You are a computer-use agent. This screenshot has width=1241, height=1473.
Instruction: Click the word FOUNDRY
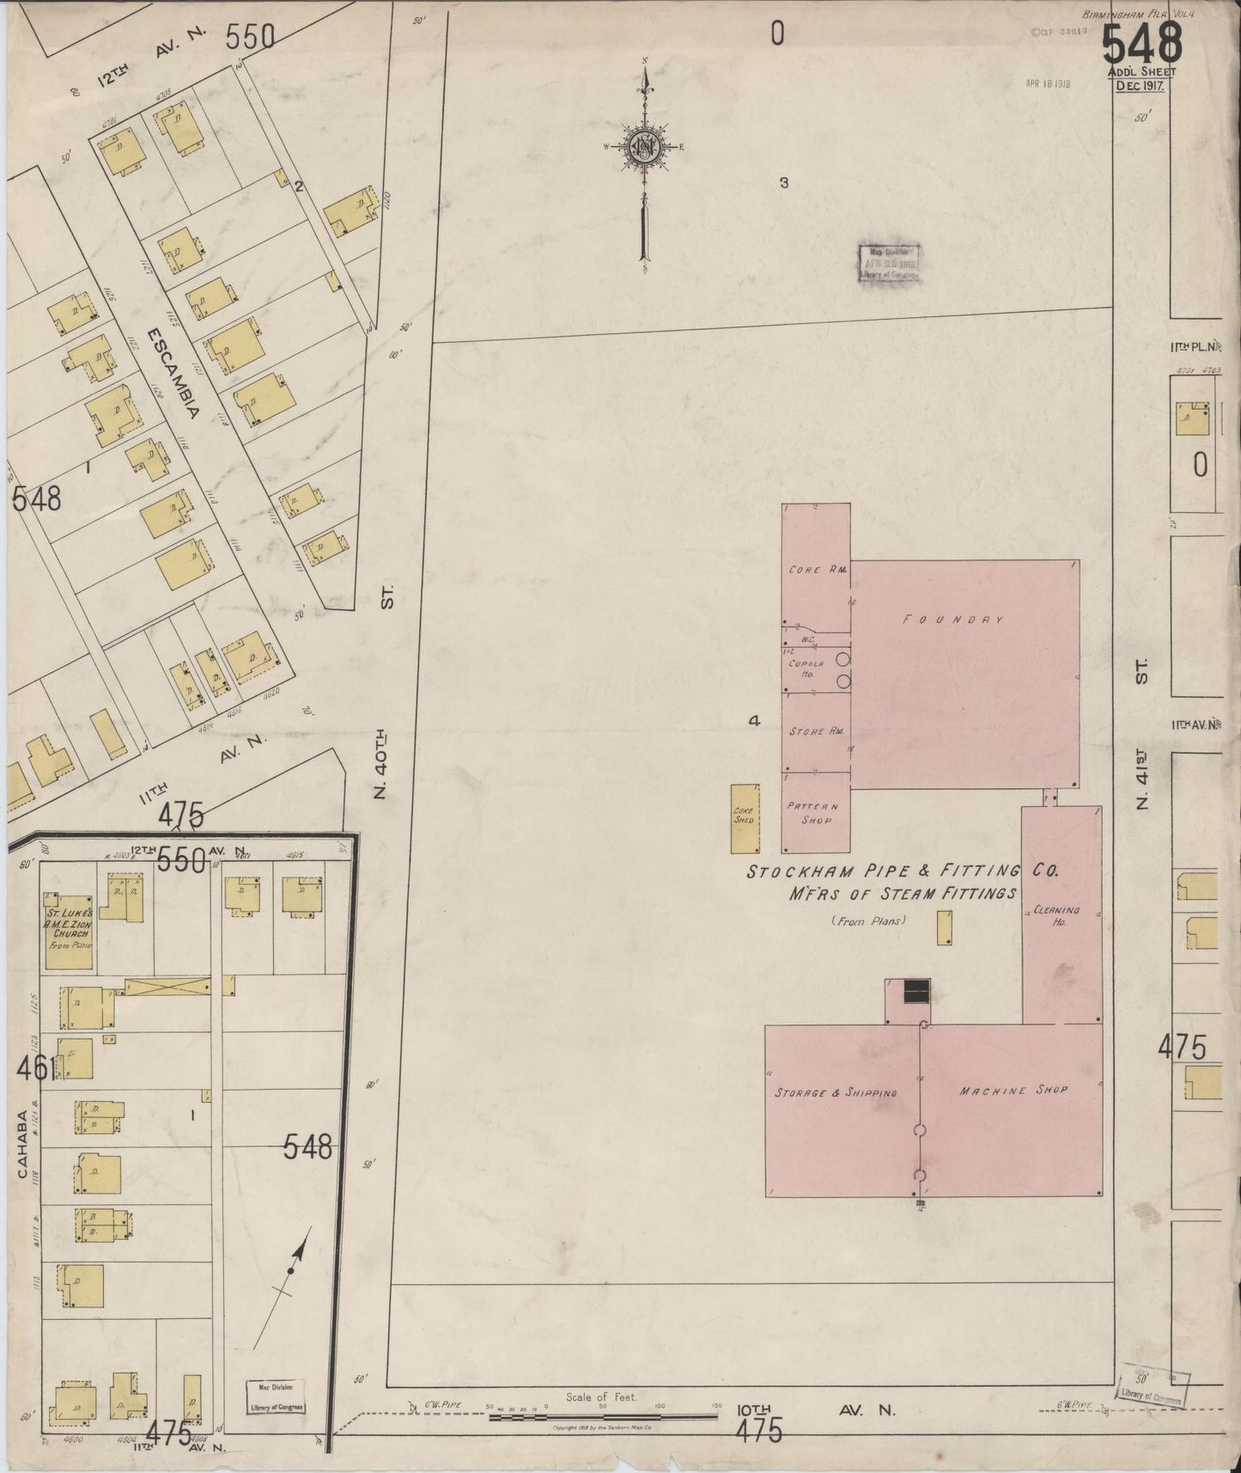(952, 620)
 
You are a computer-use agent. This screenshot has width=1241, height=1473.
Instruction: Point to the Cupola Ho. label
(806, 669)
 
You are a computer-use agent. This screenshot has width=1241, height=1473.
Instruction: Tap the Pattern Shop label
(812, 813)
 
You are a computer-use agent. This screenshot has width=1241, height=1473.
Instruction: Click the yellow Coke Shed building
(744, 818)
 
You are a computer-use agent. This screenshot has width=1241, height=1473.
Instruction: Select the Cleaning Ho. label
(1056, 915)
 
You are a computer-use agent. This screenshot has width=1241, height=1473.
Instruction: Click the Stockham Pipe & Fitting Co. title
(902, 871)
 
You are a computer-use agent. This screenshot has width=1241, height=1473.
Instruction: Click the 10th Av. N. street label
(816, 1410)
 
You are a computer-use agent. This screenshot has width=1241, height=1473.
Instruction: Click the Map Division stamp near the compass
(890, 263)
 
